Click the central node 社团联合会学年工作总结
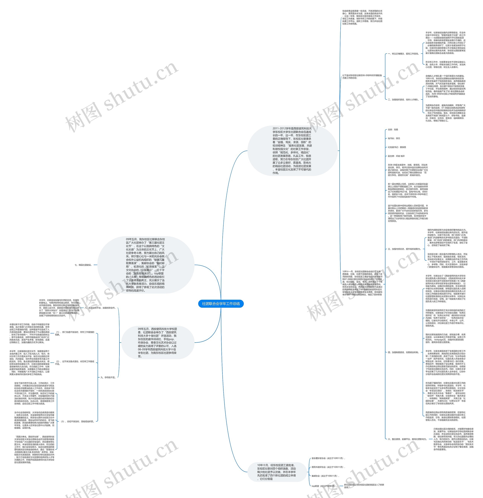coord(221,304)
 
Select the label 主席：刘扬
coord(393,130)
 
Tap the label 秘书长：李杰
coord(394,138)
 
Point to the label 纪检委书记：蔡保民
coord(397,147)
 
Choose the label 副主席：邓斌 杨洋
coord(396,156)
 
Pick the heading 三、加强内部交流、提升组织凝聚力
coord(404,249)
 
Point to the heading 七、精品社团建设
coord(83,265)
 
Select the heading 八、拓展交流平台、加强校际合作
coord(100,308)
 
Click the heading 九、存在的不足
coord(108,378)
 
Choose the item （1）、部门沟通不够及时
coord(75,333)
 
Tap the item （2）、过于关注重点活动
coord(75,363)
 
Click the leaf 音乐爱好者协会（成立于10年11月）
coord(328,458)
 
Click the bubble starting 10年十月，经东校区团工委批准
coord(276,472)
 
